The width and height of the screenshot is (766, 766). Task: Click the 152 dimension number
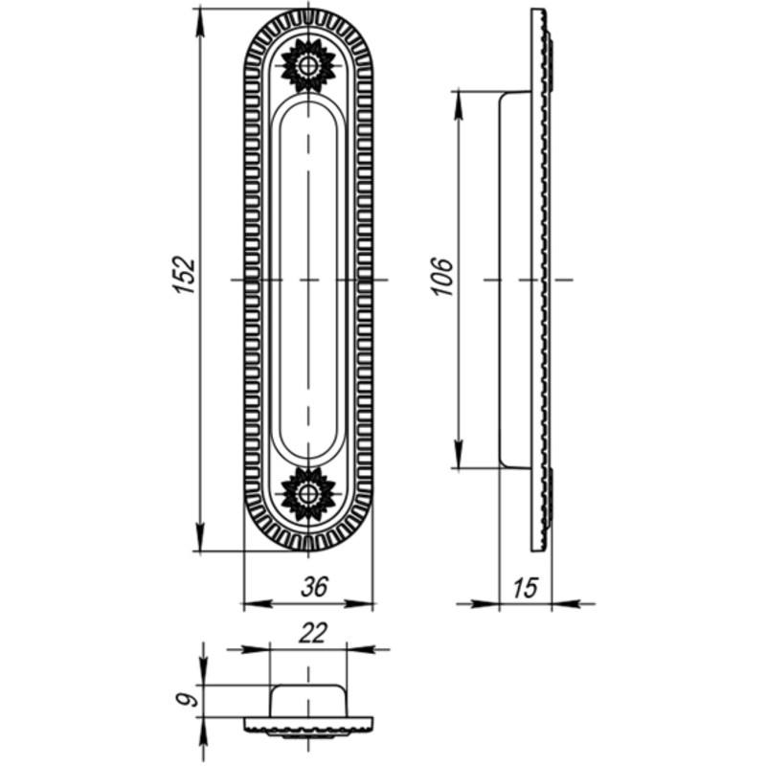point(185,275)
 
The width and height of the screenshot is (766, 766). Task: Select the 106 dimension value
point(442,277)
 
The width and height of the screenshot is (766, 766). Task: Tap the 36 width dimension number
point(315,587)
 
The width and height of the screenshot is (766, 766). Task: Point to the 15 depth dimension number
point(525,588)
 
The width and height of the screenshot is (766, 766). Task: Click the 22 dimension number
point(313,634)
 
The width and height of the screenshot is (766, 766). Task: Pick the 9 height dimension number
point(187,700)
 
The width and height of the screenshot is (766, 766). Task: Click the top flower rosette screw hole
point(308,65)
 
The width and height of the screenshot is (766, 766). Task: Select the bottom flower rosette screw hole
point(308,494)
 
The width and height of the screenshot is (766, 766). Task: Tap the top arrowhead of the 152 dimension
point(200,23)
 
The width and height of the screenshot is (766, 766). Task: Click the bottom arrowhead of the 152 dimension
point(200,537)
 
